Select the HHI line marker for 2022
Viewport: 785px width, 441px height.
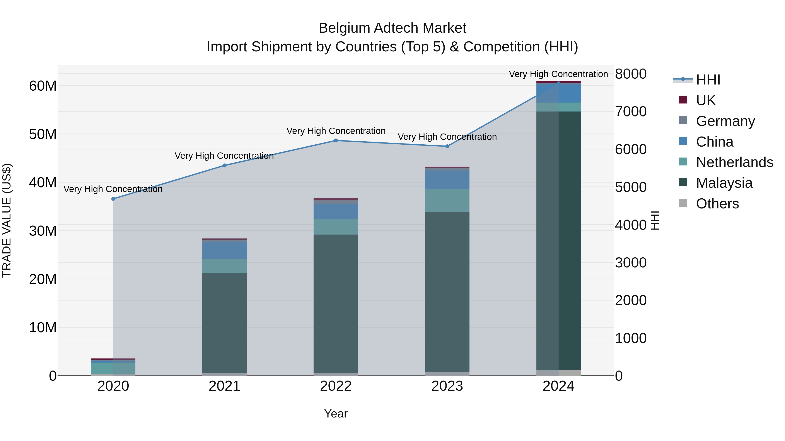336,141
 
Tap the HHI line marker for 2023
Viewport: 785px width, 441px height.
447,146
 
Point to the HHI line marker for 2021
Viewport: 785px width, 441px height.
225,166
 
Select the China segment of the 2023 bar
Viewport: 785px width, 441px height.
447,180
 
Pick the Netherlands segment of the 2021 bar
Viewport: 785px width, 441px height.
225,266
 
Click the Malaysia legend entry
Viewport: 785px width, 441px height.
724,183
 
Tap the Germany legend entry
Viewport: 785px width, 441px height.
725,121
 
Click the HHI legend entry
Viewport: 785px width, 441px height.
708,80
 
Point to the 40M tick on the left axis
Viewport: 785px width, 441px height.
43,183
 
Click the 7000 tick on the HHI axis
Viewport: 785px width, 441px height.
630,112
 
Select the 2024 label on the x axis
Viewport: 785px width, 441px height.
558,386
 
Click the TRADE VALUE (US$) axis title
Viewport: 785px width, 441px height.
7,220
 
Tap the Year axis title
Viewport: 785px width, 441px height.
336,414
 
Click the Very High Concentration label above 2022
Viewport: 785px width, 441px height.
336,131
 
